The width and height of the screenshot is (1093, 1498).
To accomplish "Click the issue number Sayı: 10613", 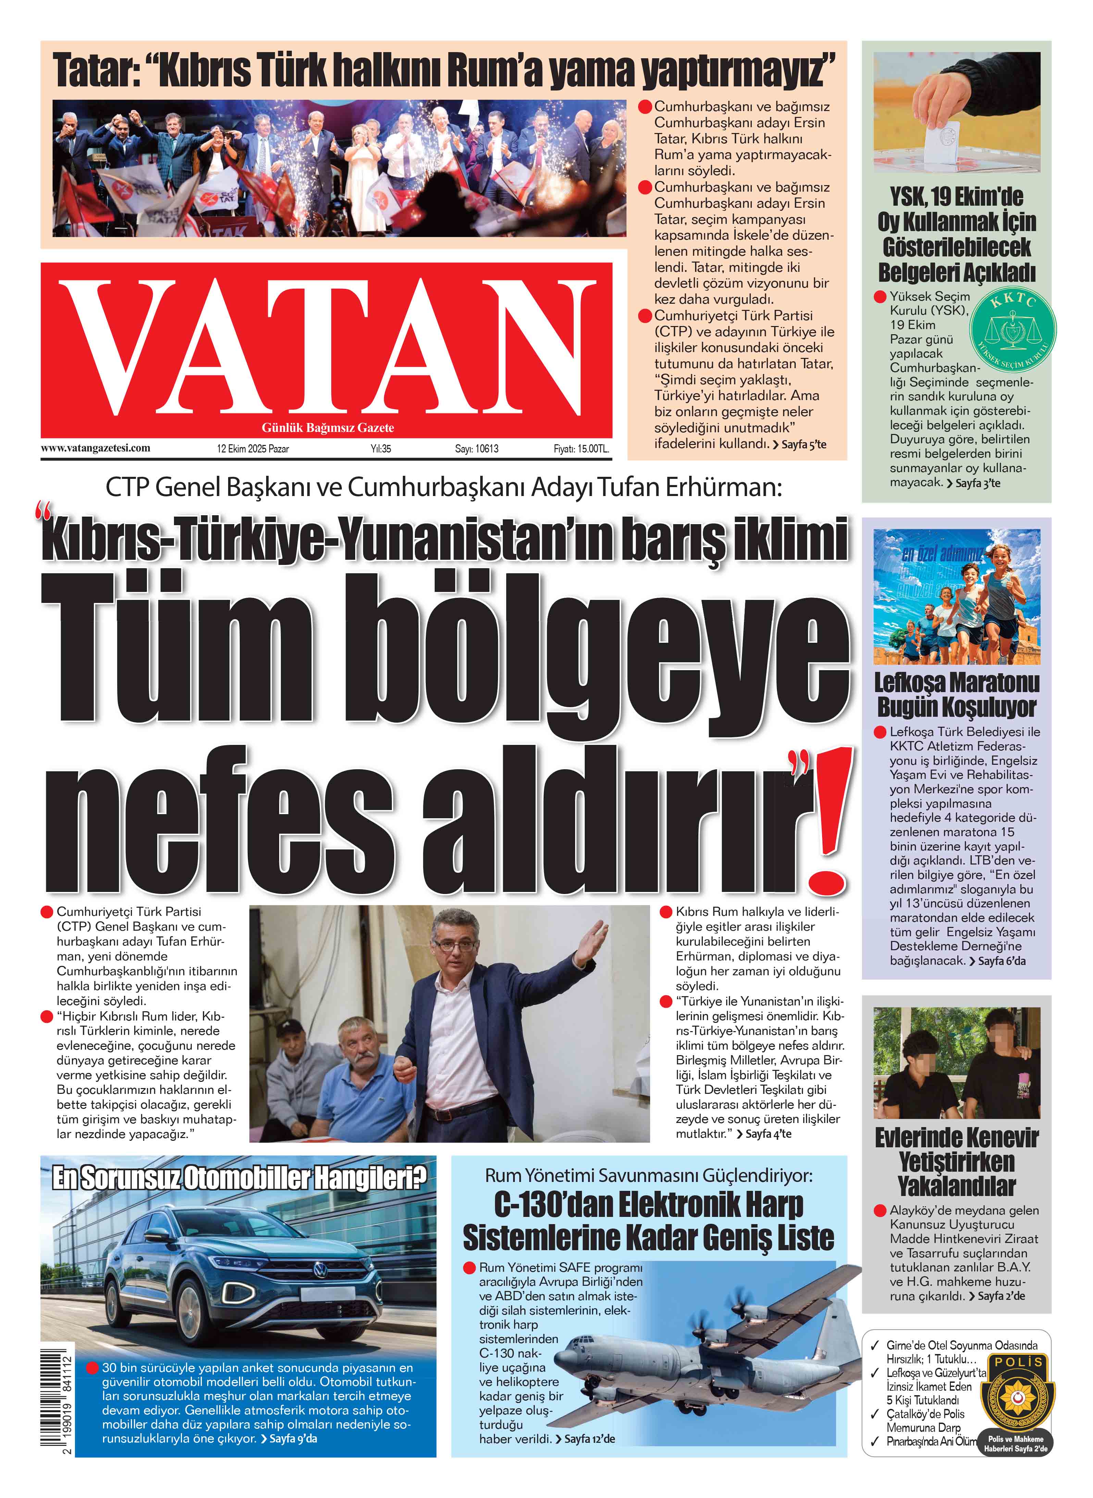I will (476, 449).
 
